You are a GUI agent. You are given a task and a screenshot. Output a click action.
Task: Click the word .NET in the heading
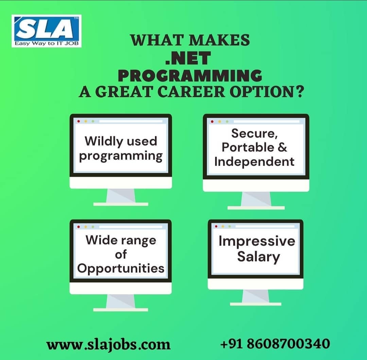coord(188,58)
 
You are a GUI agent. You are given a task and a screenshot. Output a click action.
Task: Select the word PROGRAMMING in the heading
coord(190,75)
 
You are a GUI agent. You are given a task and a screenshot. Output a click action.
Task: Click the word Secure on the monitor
coord(255,133)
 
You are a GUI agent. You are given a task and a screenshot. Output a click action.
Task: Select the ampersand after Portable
coord(283,148)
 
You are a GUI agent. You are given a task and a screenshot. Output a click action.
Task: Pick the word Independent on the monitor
coord(255,161)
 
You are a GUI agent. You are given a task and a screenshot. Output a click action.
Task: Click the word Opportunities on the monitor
coord(121,268)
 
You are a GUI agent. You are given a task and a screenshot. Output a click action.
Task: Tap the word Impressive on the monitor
coord(257,241)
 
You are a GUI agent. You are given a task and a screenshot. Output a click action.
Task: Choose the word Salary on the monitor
coord(258,257)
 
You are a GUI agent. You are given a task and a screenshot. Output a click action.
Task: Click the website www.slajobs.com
coord(108,344)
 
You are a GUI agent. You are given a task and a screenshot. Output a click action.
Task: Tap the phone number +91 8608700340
coord(275,343)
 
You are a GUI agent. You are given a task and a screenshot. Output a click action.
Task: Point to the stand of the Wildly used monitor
coord(121,196)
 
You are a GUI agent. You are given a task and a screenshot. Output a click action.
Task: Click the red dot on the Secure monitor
coord(212,121)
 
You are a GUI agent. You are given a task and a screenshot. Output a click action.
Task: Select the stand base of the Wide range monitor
coord(121,309)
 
